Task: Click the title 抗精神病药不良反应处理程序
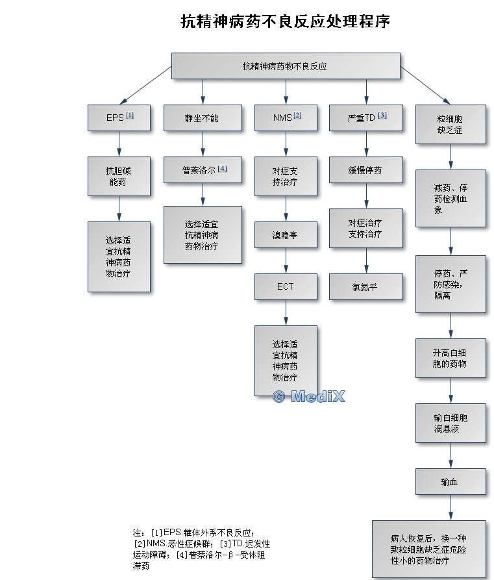click(285, 21)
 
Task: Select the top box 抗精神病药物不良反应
click(286, 66)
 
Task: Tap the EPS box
click(119, 118)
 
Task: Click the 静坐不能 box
click(203, 118)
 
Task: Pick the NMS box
click(286, 118)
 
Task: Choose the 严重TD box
click(366, 118)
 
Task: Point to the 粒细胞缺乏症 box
click(451, 124)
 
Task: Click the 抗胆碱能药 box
click(119, 177)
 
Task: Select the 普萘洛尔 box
click(203, 170)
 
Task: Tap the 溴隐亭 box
click(286, 235)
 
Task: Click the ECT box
click(286, 286)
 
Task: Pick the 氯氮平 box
click(366, 286)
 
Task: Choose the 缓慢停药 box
click(366, 170)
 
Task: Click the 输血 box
click(451, 482)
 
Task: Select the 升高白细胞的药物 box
click(451, 358)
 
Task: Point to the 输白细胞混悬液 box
click(451, 423)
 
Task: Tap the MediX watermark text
click(309, 397)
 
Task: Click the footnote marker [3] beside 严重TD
click(382, 116)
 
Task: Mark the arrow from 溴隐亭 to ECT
click(286, 261)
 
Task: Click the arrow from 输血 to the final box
click(451, 507)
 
